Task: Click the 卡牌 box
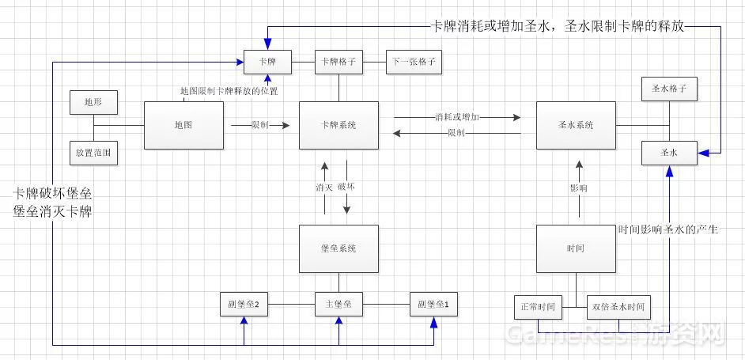point(267,62)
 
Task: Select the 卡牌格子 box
point(338,62)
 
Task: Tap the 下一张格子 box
point(414,62)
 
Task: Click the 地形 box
point(93,102)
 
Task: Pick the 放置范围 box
point(93,153)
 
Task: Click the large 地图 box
point(183,126)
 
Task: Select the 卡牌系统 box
point(338,126)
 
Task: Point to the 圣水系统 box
point(576,126)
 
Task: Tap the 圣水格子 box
point(669,89)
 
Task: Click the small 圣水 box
point(669,153)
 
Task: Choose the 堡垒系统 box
point(338,248)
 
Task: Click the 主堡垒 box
point(338,305)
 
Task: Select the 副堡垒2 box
point(244,305)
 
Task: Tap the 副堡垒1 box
point(433,305)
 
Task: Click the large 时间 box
point(576,248)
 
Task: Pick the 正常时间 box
point(539,307)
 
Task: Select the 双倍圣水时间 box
point(618,307)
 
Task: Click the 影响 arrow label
point(578,188)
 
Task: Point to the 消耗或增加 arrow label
point(457,116)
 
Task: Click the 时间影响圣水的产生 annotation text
point(671,229)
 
